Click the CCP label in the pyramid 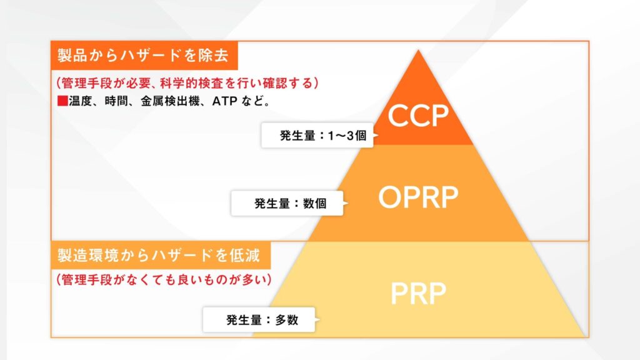tap(418, 116)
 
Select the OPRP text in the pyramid tap(418, 197)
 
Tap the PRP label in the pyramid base tap(418, 294)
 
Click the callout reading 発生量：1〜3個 tap(317, 135)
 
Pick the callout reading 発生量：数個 tap(287, 203)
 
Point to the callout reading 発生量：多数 tap(259, 321)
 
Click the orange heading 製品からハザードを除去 tap(143, 56)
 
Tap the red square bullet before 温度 tap(62, 100)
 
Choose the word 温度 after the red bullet tap(78, 100)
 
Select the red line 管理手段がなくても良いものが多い tap(163, 279)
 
